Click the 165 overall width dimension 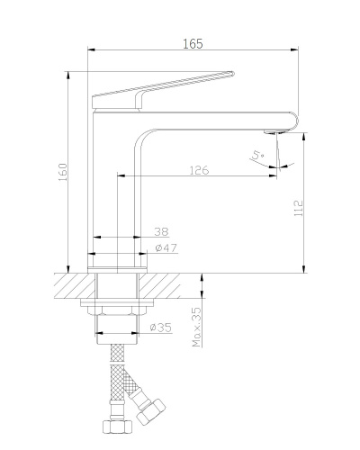[x=193, y=44]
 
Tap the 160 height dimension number [x=63, y=172]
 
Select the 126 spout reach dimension [x=199, y=170]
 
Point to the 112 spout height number [x=299, y=208]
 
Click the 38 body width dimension [x=161, y=231]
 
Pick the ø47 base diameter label [x=166, y=247]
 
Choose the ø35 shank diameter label [x=161, y=327]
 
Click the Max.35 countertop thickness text [x=196, y=327]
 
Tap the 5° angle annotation [x=258, y=155]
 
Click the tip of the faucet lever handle [x=232, y=73]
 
